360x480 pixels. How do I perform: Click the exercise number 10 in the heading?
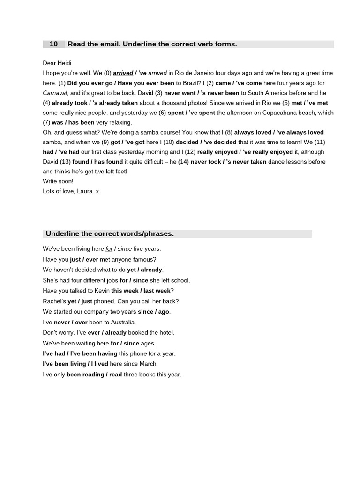(53, 44)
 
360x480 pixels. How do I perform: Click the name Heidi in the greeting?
(64, 63)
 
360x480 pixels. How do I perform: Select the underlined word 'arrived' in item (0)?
(123, 73)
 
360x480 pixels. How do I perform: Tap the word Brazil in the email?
(186, 83)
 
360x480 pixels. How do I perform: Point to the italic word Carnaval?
(55, 93)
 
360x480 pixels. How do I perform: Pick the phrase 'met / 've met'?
(309, 103)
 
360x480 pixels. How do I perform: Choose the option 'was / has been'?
(73, 122)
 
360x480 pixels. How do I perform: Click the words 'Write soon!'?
(58, 181)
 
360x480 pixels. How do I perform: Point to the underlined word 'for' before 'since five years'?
(109, 249)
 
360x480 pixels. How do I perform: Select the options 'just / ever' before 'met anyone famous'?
(84, 259)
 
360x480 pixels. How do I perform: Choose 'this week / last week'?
(141, 291)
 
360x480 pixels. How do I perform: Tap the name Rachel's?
(54, 301)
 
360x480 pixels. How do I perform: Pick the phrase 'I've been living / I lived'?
(75, 364)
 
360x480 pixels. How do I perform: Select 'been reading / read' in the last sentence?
(94, 375)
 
